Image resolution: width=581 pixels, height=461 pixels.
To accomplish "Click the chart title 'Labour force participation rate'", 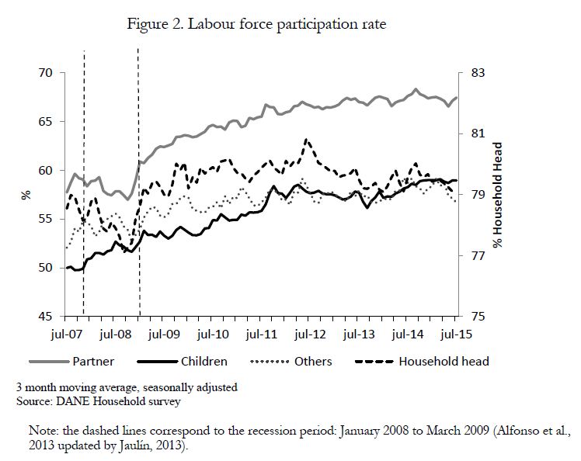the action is pos(287,24).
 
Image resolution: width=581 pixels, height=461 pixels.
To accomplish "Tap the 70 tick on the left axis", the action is pos(46,73).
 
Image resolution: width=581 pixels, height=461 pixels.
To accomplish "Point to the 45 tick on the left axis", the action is pos(46,316).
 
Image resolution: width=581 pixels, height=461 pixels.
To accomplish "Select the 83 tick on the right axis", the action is pos(478,73).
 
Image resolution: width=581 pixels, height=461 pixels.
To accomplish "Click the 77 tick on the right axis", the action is pos(478,255).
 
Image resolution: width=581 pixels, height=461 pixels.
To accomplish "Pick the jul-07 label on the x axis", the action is pos(66,334).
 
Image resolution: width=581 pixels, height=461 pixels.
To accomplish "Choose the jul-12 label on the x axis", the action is pos(310,334).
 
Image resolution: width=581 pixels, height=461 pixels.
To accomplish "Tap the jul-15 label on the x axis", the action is pos(457,334).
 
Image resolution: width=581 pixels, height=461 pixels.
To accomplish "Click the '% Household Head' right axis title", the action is pos(498,195).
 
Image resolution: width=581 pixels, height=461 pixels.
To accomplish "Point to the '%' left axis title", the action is pos(26,195).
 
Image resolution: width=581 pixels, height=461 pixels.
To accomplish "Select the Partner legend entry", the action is pos(72,362).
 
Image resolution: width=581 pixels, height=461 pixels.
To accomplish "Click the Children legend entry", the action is pos(182,362).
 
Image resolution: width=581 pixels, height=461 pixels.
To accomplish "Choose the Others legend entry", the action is pos(291,362).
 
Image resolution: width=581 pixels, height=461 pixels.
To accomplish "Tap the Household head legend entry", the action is pos(423,362).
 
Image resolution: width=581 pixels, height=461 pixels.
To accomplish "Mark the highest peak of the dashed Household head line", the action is pos(306,140).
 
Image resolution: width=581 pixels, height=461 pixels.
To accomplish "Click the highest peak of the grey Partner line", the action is pos(416,89).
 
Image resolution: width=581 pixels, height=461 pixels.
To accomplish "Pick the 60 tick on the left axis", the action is pos(46,170).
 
